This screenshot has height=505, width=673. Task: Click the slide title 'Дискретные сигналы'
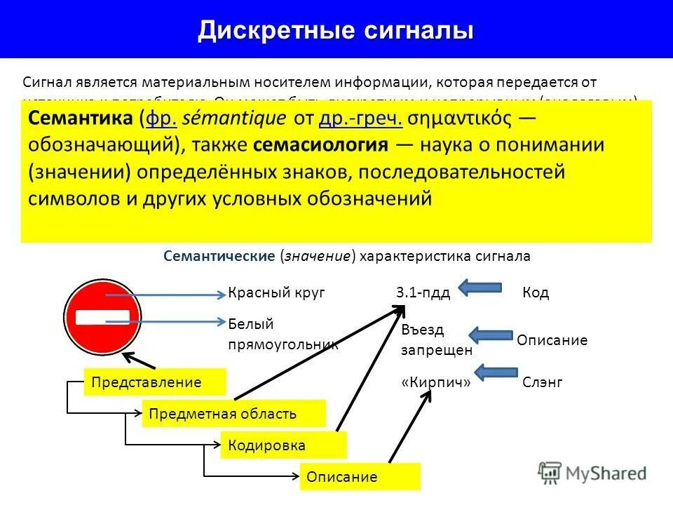point(335,30)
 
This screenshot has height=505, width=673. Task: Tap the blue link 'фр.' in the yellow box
point(158,119)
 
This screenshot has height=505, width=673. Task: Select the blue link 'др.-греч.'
point(360,119)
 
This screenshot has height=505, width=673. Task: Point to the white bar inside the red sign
point(103,316)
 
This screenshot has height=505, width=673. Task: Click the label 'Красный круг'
point(276,293)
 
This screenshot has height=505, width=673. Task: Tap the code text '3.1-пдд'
point(423,293)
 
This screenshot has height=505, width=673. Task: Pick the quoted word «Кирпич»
point(435,383)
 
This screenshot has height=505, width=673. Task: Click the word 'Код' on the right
point(536,293)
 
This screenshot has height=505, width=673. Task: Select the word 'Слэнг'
point(542,383)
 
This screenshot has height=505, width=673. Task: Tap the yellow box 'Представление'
point(155,382)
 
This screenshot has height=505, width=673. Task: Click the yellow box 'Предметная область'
point(233,414)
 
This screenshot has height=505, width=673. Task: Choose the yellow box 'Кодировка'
point(283,445)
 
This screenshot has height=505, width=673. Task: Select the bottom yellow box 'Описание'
point(360,477)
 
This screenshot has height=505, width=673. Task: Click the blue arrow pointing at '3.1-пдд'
point(480,287)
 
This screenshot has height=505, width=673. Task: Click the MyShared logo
point(592,472)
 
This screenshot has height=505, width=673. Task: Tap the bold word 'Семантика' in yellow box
point(81,119)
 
